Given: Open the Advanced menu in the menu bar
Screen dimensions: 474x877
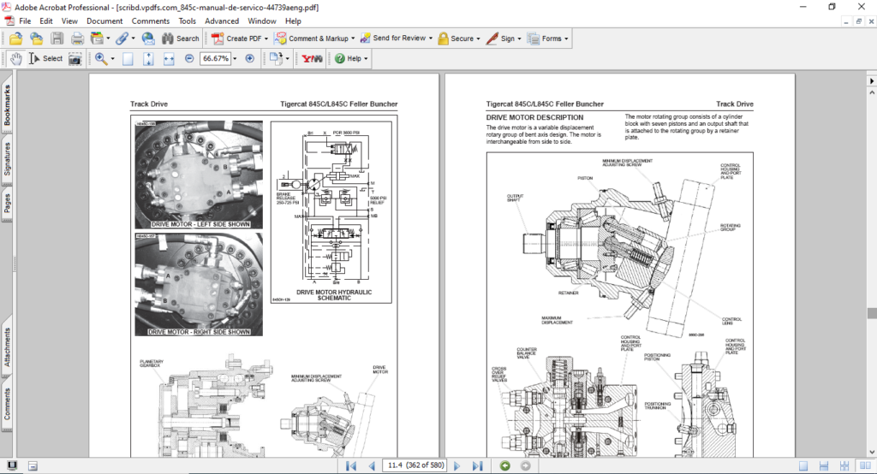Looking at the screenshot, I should point(222,21).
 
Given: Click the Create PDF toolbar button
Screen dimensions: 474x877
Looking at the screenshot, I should point(241,39).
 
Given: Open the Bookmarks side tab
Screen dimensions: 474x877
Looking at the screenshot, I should point(8,105).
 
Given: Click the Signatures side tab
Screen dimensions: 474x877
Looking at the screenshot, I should point(8,160).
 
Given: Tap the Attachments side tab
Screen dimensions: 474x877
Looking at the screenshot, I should point(8,346).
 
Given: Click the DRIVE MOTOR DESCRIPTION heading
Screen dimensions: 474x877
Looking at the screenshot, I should point(534,117).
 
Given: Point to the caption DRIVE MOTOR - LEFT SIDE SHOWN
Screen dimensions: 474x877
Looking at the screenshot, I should point(199,224).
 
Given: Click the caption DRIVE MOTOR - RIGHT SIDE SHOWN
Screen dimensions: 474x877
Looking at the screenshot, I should point(199,332).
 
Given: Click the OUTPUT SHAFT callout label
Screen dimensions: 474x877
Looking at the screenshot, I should point(516,198).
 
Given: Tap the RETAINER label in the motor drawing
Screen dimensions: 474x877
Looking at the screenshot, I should point(568,293).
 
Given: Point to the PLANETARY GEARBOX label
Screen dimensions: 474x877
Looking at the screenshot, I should point(152,364).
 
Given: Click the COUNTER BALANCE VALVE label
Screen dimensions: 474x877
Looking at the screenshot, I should point(527,353).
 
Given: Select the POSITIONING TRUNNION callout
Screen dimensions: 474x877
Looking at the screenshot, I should point(658,406).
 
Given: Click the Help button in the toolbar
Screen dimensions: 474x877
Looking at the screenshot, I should point(351,59).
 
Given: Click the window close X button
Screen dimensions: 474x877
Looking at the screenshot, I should point(859,7).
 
